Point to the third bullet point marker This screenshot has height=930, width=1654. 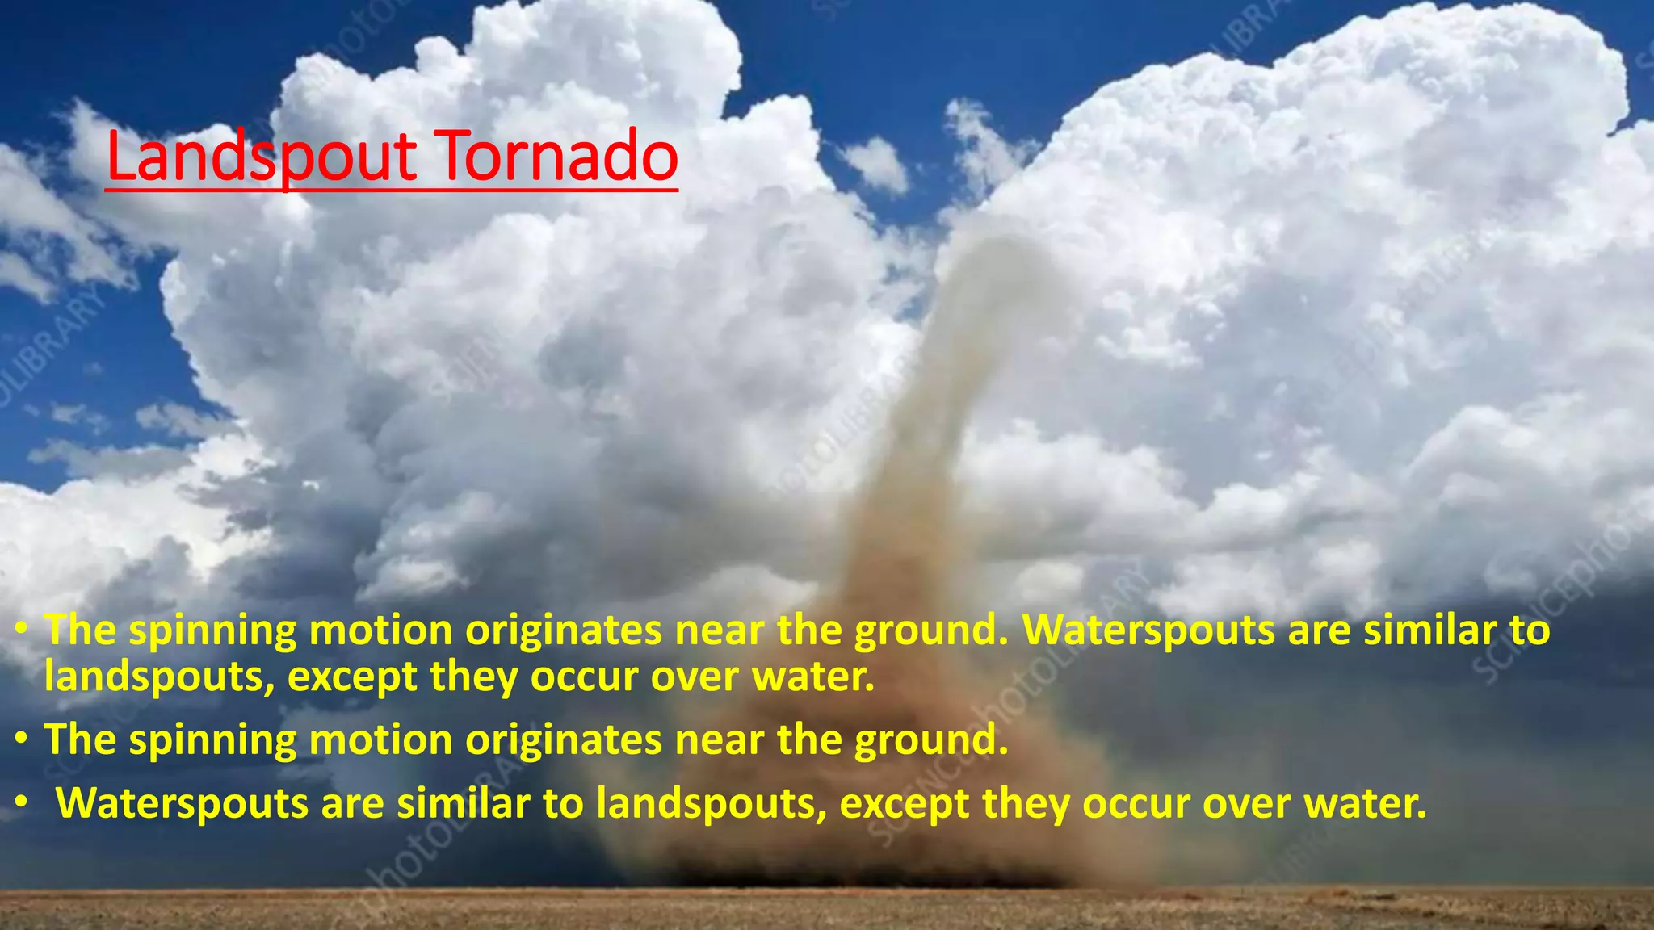23,802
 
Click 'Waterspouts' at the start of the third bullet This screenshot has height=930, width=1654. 182,802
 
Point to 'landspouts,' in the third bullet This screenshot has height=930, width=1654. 712,804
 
